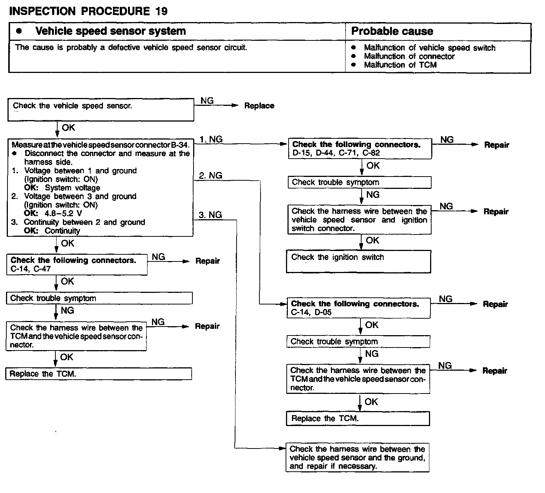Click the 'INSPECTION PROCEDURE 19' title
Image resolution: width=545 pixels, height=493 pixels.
click(88, 11)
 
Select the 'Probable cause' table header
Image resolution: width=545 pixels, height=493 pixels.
click(392, 31)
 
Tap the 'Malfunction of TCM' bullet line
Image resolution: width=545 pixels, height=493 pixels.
click(400, 65)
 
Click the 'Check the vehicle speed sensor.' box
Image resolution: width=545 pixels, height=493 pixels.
click(100, 110)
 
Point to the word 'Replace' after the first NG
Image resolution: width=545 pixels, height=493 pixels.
click(259, 106)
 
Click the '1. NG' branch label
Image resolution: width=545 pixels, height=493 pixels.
click(211, 139)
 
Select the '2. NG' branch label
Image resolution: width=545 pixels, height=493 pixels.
click(210, 175)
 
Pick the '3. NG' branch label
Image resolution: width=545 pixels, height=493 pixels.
click(210, 215)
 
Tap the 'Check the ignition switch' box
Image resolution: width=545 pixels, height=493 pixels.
click(358, 261)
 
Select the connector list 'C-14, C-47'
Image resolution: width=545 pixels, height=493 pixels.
click(31, 269)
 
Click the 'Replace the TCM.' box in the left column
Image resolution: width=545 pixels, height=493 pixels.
click(98, 374)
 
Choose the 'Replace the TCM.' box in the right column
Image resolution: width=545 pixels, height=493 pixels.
click(357, 419)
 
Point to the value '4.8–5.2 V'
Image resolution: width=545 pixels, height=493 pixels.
click(63, 214)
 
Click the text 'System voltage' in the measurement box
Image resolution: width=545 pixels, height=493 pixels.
click(73, 188)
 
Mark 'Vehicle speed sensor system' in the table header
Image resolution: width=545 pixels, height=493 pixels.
click(110, 31)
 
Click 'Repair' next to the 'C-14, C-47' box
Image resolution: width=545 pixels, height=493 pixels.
click(207, 261)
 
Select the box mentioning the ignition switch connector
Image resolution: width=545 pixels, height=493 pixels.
click(359, 220)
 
